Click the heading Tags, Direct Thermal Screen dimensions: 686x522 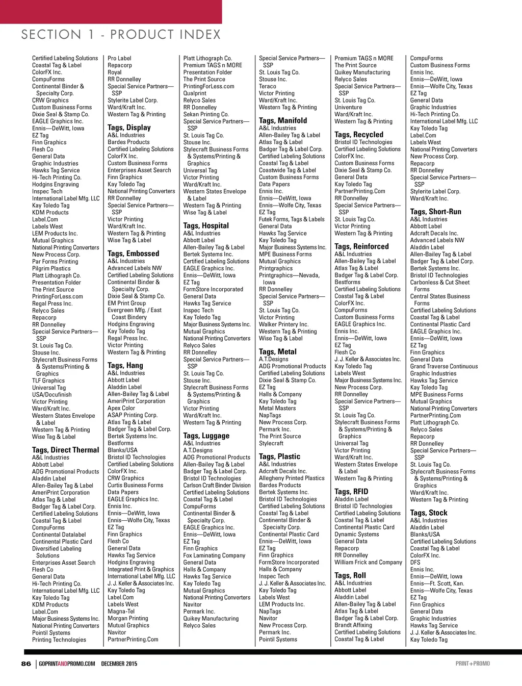click(65, 450)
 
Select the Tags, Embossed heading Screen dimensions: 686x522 click(133, 253)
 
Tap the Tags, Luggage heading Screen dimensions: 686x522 click(206, 436)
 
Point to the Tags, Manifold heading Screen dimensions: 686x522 click(283, 120)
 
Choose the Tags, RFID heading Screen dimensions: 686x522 click(351, 492)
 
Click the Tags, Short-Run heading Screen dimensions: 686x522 click(435, 212)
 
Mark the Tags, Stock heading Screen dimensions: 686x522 click(428, 513)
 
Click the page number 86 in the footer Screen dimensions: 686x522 click(26, 664)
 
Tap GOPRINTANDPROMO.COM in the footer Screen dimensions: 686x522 click(67, 664)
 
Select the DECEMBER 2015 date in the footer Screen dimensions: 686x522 click(119, 664)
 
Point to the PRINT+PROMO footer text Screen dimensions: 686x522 click(473, 664)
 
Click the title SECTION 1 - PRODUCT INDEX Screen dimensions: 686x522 click(121, 35)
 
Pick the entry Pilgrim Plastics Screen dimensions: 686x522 click(51, 268)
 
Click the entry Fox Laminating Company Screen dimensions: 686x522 click(214, 555)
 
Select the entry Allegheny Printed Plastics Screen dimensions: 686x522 click(292, 478)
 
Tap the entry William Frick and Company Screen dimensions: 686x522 click(368, 563)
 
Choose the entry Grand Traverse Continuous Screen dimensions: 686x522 click(444, 366)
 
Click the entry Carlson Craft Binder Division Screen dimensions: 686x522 click(217, 486)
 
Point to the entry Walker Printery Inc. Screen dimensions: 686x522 click(283, 324)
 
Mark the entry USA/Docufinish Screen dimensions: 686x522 click(52, 395)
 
